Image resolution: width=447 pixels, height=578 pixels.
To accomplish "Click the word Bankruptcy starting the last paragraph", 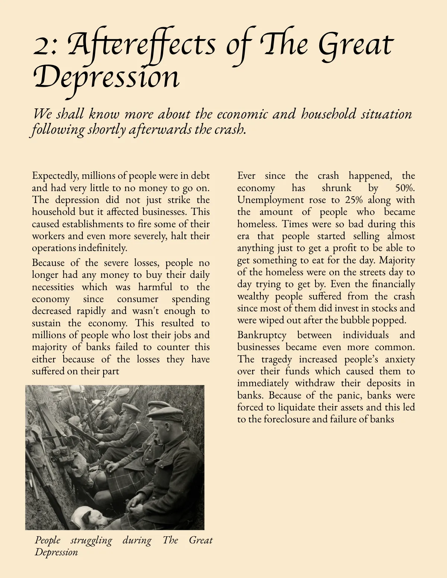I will (262, 335).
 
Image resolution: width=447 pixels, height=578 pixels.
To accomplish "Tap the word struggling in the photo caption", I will (91, 540).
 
